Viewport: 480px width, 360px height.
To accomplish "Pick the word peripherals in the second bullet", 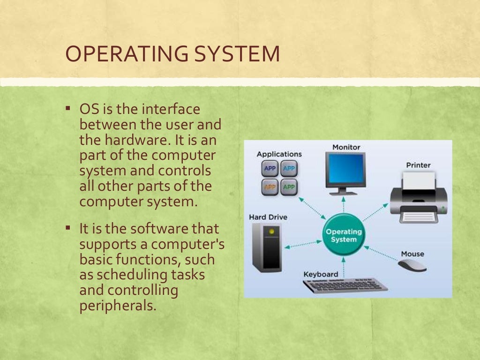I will [117, 306].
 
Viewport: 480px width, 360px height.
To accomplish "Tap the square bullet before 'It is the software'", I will [68, 228].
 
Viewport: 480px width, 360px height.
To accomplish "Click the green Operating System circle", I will [344, 235].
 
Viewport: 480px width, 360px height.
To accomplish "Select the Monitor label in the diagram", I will [346, 147].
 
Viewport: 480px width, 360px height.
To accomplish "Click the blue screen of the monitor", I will [346, 169].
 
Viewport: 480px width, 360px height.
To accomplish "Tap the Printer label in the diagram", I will [418, 165].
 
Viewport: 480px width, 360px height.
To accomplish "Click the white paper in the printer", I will [419, 181].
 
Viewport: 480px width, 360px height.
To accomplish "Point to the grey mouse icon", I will [412, 265].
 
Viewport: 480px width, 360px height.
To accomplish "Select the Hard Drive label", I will [268, 217].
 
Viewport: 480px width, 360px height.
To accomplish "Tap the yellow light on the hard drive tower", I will [270, 232].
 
